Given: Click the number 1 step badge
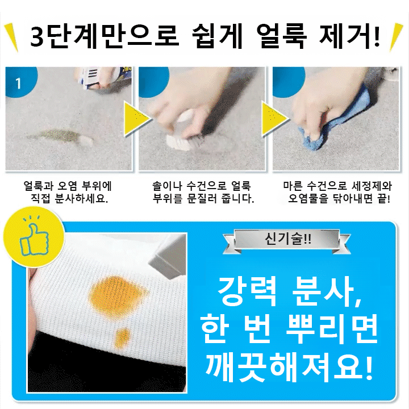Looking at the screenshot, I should [x=19, y=84].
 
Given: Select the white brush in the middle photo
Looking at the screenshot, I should [x=178, y=139].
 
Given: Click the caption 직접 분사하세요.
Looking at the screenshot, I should [x=69, y=200].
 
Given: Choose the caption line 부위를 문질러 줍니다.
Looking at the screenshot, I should [x=203, y=200].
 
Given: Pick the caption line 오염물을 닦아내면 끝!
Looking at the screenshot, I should [x=340, y=200].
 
